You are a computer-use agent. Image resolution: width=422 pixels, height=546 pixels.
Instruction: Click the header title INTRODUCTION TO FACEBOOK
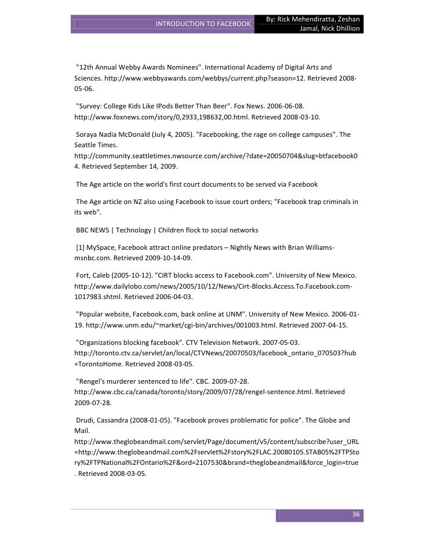202,24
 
